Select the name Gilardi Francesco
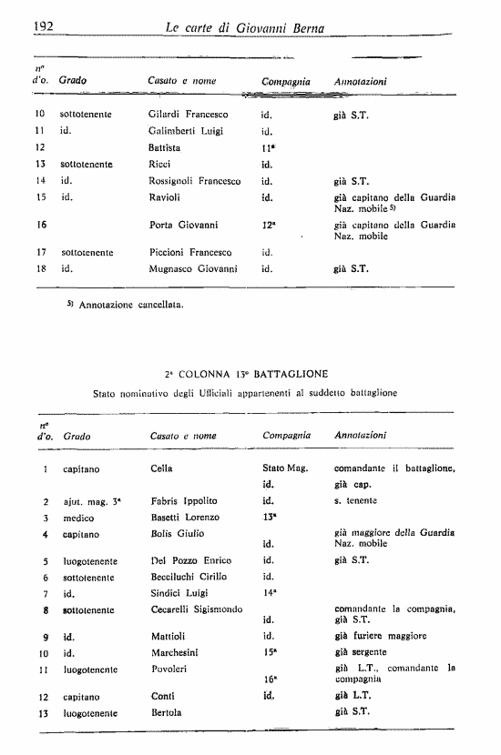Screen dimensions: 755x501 click(188, 116)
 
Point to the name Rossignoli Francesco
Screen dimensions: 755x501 click(194, 181)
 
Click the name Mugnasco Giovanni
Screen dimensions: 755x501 click(193, 269)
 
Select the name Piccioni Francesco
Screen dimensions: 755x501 click(189, 252)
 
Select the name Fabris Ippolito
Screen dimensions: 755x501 click(184, 501)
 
